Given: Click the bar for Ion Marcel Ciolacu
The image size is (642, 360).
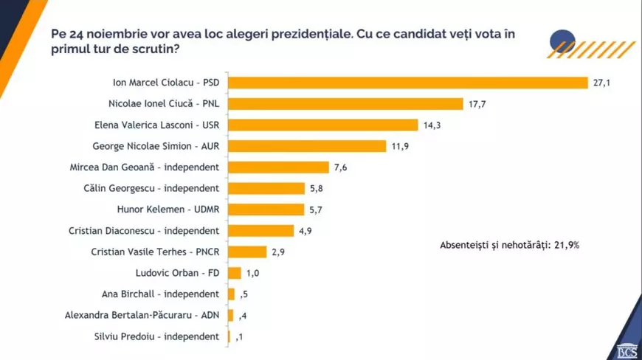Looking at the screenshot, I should pyautogui.click(x=407, y=83).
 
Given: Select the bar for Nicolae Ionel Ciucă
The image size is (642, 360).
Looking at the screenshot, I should pyautogui.click(x=345, y=104).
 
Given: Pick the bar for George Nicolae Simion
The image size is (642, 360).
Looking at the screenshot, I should pyautogui.click(x=307, y=146).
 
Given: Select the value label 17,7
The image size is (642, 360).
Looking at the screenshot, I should pyautogui.click(x=476, y=104).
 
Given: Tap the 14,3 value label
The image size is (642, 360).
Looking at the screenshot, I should pyautogui.click(x=452, y=125).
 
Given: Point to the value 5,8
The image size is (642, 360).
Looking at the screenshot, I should pyautogui.click(x=317, y=189).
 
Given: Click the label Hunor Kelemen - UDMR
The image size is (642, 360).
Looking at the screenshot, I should pyautogui.click(x=169, y=210).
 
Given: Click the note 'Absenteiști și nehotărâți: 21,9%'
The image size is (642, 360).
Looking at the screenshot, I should pyautogui.click(x=509, y=244).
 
